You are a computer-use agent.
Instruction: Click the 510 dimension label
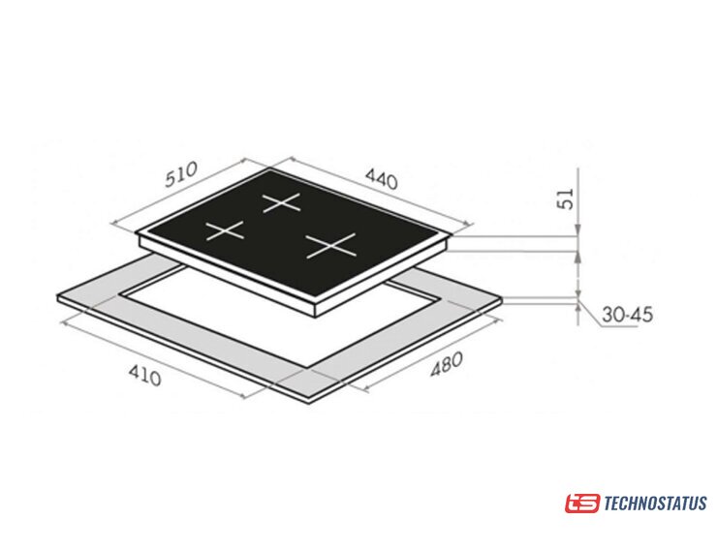coord(181,173)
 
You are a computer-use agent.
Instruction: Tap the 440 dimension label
coord(382,178)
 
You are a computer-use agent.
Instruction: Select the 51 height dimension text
coord(566,199)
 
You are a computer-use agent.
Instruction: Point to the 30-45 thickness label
coord(627,315)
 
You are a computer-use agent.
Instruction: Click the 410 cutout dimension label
coord(144,376)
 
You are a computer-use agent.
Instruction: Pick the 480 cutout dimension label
coord(447,364)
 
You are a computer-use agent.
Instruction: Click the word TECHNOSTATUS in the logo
coord(655,504)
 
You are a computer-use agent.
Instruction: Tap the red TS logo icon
coord(581,504)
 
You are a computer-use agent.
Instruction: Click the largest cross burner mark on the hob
coord(330,245)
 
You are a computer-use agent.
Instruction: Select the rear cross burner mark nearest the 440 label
coord(282,202)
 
